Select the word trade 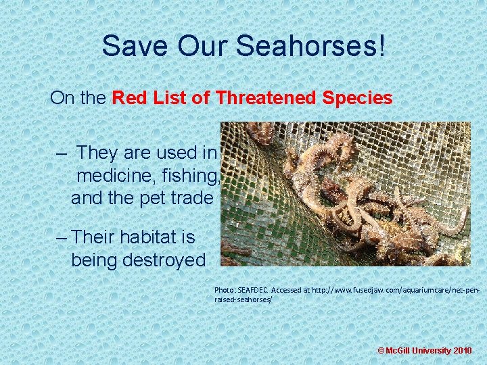point(191,199)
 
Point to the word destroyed point(163,260)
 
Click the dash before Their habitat point(62,237)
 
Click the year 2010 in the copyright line point(463,351)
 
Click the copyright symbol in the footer point(381,351)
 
